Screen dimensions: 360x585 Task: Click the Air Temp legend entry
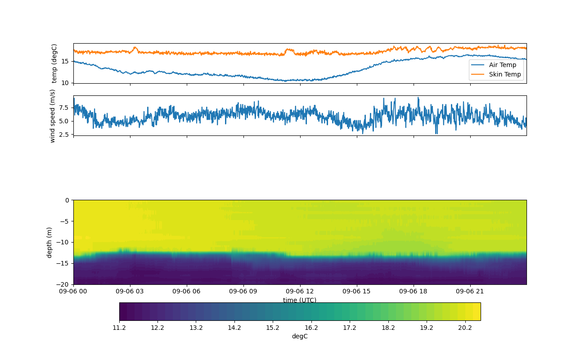coord(503,65)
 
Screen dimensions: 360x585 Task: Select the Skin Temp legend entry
coord(504,74)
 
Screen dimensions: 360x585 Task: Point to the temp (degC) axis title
coord(54,63)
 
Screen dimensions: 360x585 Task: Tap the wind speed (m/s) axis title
coord(53,116)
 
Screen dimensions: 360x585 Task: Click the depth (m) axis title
coord(49,242)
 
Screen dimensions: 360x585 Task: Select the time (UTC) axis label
coord(300,300)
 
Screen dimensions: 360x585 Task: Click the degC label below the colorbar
coord(300,336)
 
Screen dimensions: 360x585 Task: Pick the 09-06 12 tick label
coord(300,291)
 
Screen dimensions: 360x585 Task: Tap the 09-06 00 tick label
coord(73,291)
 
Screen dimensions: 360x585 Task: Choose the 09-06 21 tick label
coord(470,291)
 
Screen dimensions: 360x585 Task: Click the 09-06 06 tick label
coord(187,291)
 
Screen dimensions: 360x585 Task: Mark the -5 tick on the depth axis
coord(66,221)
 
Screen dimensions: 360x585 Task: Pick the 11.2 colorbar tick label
coord(119,328)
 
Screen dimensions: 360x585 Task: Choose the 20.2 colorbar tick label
coord(465,328)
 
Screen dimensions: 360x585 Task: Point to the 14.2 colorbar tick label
coord(234,328)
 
